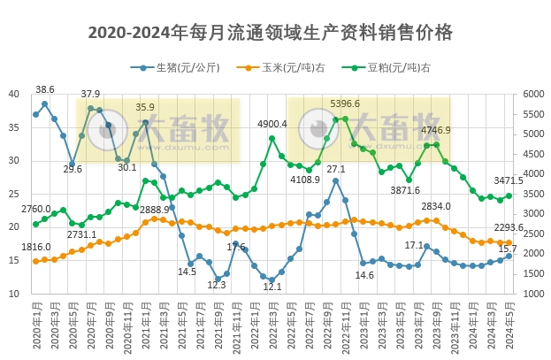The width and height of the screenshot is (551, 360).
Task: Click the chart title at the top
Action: coord(271,33)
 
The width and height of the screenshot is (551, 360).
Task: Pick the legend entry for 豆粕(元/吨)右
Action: coord(398,68)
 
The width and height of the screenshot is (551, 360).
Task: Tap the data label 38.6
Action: coord(45,90)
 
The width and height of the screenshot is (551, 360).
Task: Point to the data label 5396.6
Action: coord(345,104)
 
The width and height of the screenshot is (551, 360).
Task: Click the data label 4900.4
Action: coord(272,124)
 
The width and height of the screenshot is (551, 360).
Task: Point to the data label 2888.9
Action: coord(155,209)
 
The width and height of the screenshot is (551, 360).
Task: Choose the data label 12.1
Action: coord(272,287)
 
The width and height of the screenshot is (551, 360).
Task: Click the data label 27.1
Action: coord(336,169)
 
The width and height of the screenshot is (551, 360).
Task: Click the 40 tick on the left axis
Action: coord(14,95)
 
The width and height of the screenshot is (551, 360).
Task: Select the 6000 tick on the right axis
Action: coord(534,95)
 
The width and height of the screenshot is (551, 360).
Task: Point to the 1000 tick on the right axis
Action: coord(534,294)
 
